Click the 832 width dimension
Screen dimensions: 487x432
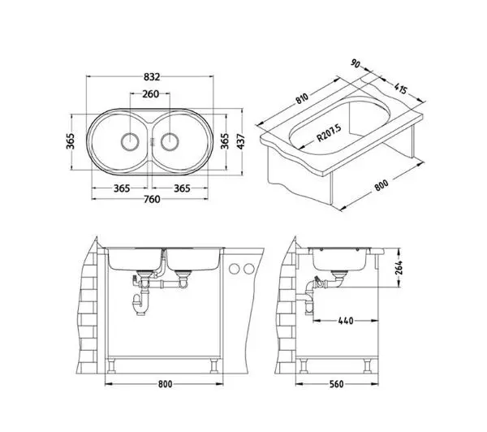(152, 77)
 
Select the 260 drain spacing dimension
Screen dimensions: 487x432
(151, 93)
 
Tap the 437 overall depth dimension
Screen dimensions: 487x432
(241, 141)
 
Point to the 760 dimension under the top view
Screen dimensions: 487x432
(152, 199)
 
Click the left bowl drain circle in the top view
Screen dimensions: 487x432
(130, 142)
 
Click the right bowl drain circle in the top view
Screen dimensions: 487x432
(170, 142)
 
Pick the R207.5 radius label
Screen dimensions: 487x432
(329, 132)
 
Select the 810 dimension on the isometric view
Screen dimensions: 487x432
(302, 98)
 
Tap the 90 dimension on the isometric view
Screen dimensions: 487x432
(356, 63)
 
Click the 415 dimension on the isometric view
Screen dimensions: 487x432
(401, 89)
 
